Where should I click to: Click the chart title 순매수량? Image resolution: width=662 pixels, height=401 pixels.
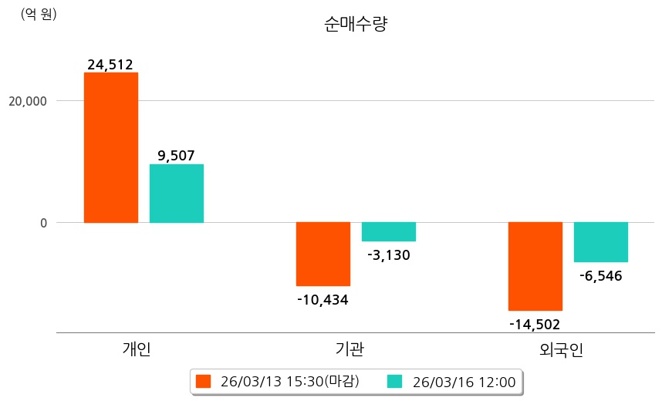tap(355, 24)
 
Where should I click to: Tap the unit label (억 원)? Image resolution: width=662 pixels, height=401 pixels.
tap(39, 14)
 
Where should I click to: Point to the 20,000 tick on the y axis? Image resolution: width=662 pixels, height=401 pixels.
tap(27, 101)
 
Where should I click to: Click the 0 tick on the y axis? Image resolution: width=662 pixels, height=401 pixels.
tap(42, 223)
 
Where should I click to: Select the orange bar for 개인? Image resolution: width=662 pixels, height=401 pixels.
tap(111, 147)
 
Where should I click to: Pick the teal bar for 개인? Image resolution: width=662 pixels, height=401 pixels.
tap(177, 194)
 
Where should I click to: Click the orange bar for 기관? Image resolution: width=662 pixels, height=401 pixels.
tap(323, 254)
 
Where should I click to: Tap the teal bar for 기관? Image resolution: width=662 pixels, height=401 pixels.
tap(389, 231)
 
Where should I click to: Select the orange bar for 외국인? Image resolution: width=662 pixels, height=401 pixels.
tap(535, 266)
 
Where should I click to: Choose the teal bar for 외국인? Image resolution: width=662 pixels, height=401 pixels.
tap(601, 242)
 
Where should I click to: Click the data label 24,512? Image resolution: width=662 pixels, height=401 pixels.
tap(111, 65)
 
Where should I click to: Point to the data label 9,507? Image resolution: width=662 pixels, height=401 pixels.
tap(177, 156)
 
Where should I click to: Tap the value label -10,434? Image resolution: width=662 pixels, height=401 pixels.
tap(323, 299)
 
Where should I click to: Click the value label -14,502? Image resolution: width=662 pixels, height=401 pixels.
tap(535, 324)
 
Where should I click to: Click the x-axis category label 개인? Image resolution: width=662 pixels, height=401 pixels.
tap(137, 349)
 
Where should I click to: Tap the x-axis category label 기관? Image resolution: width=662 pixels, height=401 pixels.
tap(350, 349)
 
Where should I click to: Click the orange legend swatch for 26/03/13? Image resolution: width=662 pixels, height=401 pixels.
tap(203, 381)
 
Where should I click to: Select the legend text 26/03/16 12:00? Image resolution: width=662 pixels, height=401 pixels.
tap(464, 381)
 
